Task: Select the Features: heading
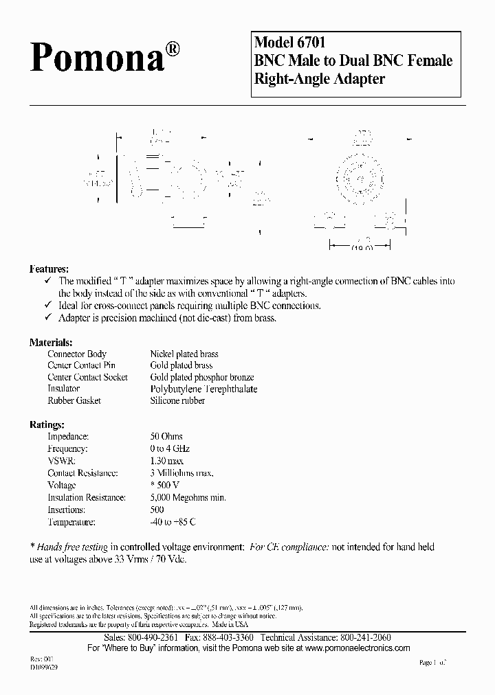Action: [x=49, y=269]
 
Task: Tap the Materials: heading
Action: [x=51, y=342]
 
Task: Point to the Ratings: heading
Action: [x=47, y=424]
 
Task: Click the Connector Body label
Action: [x=77, y=354]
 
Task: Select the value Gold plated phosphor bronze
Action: [x=202, y=377]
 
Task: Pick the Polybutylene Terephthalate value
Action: [x=203, y=389]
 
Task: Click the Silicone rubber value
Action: [x=177, y=400]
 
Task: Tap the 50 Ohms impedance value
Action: [x=166, y=436]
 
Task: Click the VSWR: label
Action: [x=61, y=461]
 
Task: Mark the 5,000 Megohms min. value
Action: [x=188, y=497]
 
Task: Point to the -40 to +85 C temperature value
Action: [x=173, y=522]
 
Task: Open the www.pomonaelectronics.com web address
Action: [x=357, y=648]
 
